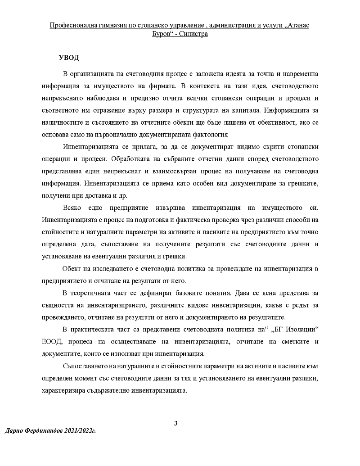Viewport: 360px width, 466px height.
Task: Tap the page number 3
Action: pos(176,423)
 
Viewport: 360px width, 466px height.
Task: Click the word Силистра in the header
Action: pos(194,34)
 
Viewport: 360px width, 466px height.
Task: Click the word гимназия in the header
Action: pos(111,25)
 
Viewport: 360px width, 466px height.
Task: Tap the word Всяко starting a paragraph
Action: pos(73,208)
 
